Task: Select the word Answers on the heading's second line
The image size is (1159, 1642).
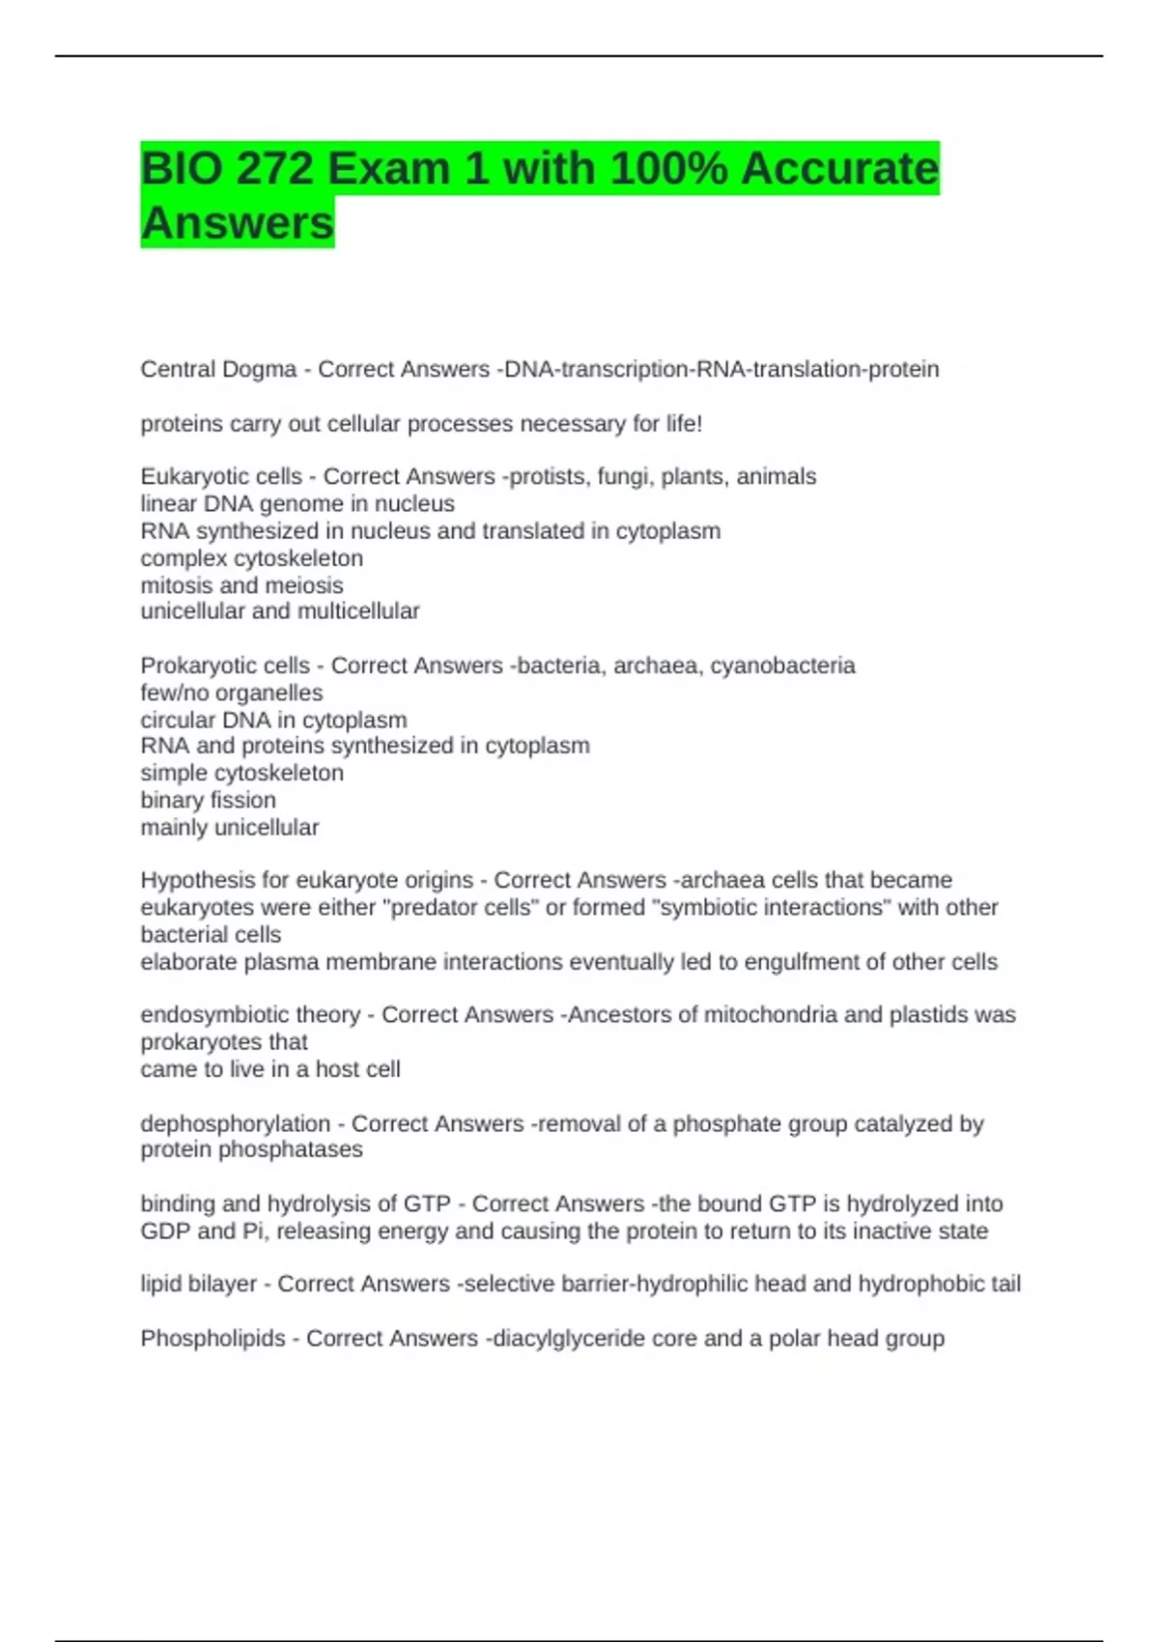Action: pos(238,223)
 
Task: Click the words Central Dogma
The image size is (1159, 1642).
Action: pos(218,369)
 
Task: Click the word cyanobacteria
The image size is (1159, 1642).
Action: pos(782,665)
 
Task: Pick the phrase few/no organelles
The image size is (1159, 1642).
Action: pos(232,693)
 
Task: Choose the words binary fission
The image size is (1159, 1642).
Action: pos(208,800)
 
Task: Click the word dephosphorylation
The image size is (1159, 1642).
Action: pos(236,1123)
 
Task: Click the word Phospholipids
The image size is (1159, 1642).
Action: pos(212,1339)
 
